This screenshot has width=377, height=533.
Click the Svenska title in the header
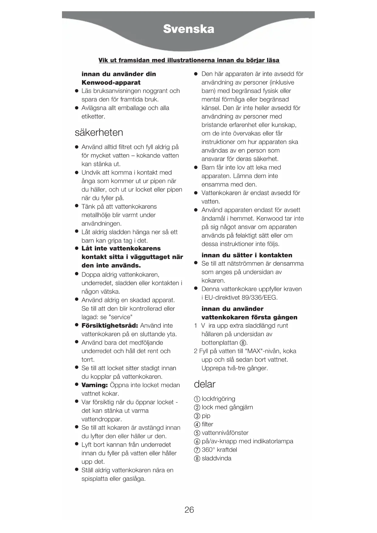tap(189, 29)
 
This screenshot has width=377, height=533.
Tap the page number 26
tap(189, 510)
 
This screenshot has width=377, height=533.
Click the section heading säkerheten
tap(99, 132)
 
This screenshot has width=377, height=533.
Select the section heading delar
tap(204, 384)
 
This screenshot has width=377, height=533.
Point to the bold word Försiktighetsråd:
tap(110, 326)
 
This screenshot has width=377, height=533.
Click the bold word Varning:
tap(94, 385)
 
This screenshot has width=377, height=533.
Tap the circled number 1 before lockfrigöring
tap(197, 399)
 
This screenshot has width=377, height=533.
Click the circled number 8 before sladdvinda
tap(197, 459)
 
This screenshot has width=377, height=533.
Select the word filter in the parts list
tap(207, 424)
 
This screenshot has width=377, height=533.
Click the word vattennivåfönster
tap(225, 433)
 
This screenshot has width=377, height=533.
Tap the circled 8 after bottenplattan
tap(243, 343)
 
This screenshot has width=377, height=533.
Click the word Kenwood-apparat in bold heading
tap(111, 83)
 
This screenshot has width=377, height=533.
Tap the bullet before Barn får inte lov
tap(196, 167)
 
